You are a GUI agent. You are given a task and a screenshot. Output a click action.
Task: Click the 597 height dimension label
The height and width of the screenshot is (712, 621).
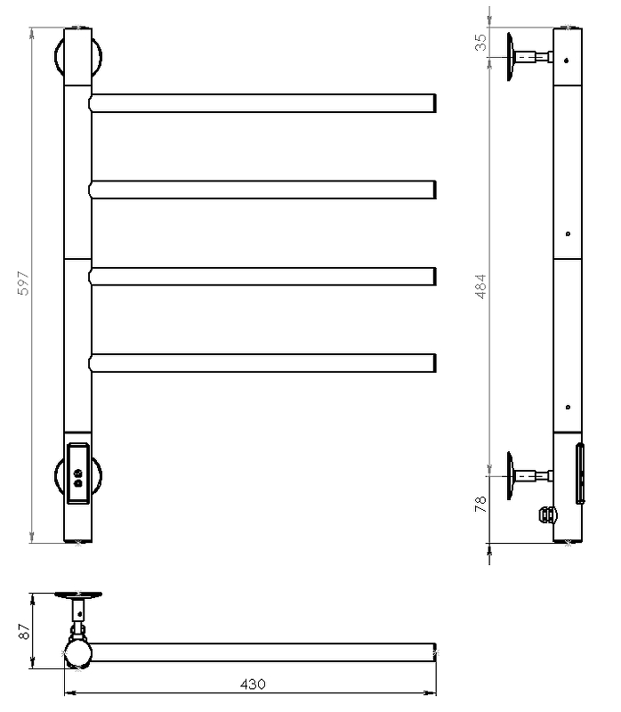pyautogui.click(x=23, y=283)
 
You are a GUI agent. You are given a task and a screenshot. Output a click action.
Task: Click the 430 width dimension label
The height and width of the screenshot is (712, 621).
pyautogui.click(x=253, y=684)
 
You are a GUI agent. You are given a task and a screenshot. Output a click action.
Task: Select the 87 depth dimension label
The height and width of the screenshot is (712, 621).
pyautogui.click(x=24, y=631)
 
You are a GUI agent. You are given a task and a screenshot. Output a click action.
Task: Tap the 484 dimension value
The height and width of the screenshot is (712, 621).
pyautogui.click(x=480, y=287)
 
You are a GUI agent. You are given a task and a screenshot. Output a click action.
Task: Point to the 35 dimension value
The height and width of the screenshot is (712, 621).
pyautogui.click(x=480, y=42)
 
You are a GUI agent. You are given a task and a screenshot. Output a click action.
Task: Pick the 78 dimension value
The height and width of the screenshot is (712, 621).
pyautogui.click(x=480, y=504)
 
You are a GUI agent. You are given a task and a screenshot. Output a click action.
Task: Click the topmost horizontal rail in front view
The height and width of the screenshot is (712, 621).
pyautogui.click(x=262, y=103)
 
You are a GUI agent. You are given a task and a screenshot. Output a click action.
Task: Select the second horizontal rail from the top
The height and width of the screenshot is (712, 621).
pyautogui.click(x=262, y=190)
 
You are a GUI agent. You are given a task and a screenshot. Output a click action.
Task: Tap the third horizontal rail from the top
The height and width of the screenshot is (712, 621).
pyautogui.click(x=262, y=277)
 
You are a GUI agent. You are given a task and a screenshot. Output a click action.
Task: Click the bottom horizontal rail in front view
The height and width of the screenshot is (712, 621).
pyautogui.click(x=262, y=363)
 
